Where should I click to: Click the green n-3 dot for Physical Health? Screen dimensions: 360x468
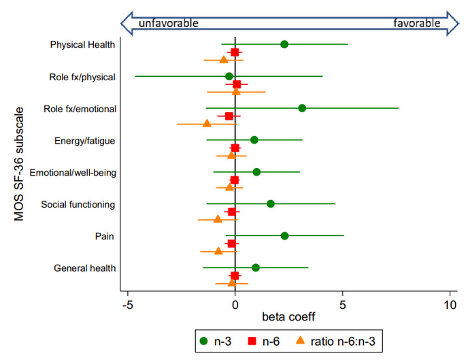284,44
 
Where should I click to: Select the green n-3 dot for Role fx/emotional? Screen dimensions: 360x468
302,108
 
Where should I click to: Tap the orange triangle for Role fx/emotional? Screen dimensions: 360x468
207,124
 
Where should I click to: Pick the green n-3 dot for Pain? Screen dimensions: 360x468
284,236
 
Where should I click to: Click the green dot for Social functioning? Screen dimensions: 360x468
271,203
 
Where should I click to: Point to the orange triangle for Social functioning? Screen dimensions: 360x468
218,219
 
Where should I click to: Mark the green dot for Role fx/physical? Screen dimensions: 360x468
229,76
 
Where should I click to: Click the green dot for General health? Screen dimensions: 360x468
255,267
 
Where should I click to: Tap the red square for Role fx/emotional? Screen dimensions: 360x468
229,116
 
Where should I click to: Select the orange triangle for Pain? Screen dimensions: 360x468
218,251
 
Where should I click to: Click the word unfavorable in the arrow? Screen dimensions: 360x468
168,23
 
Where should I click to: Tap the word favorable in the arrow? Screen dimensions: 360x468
417,23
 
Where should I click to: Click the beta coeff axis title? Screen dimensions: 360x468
288,316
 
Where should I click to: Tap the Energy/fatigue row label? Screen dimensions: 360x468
84,141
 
